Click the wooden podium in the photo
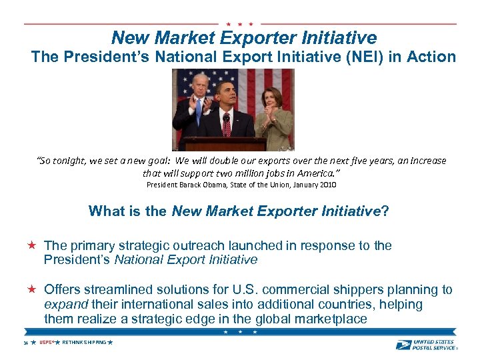tap(226, 143)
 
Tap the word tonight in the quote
tap(67, 161)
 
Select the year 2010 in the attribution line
tap(327, 185)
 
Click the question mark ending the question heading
tap(385, 212)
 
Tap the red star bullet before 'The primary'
tap(31, 245)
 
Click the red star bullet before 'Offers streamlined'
tap(31, 289)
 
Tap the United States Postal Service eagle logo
tap(403, 345)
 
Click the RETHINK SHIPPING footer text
tap(83, 342)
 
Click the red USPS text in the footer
tap(45, 342)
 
